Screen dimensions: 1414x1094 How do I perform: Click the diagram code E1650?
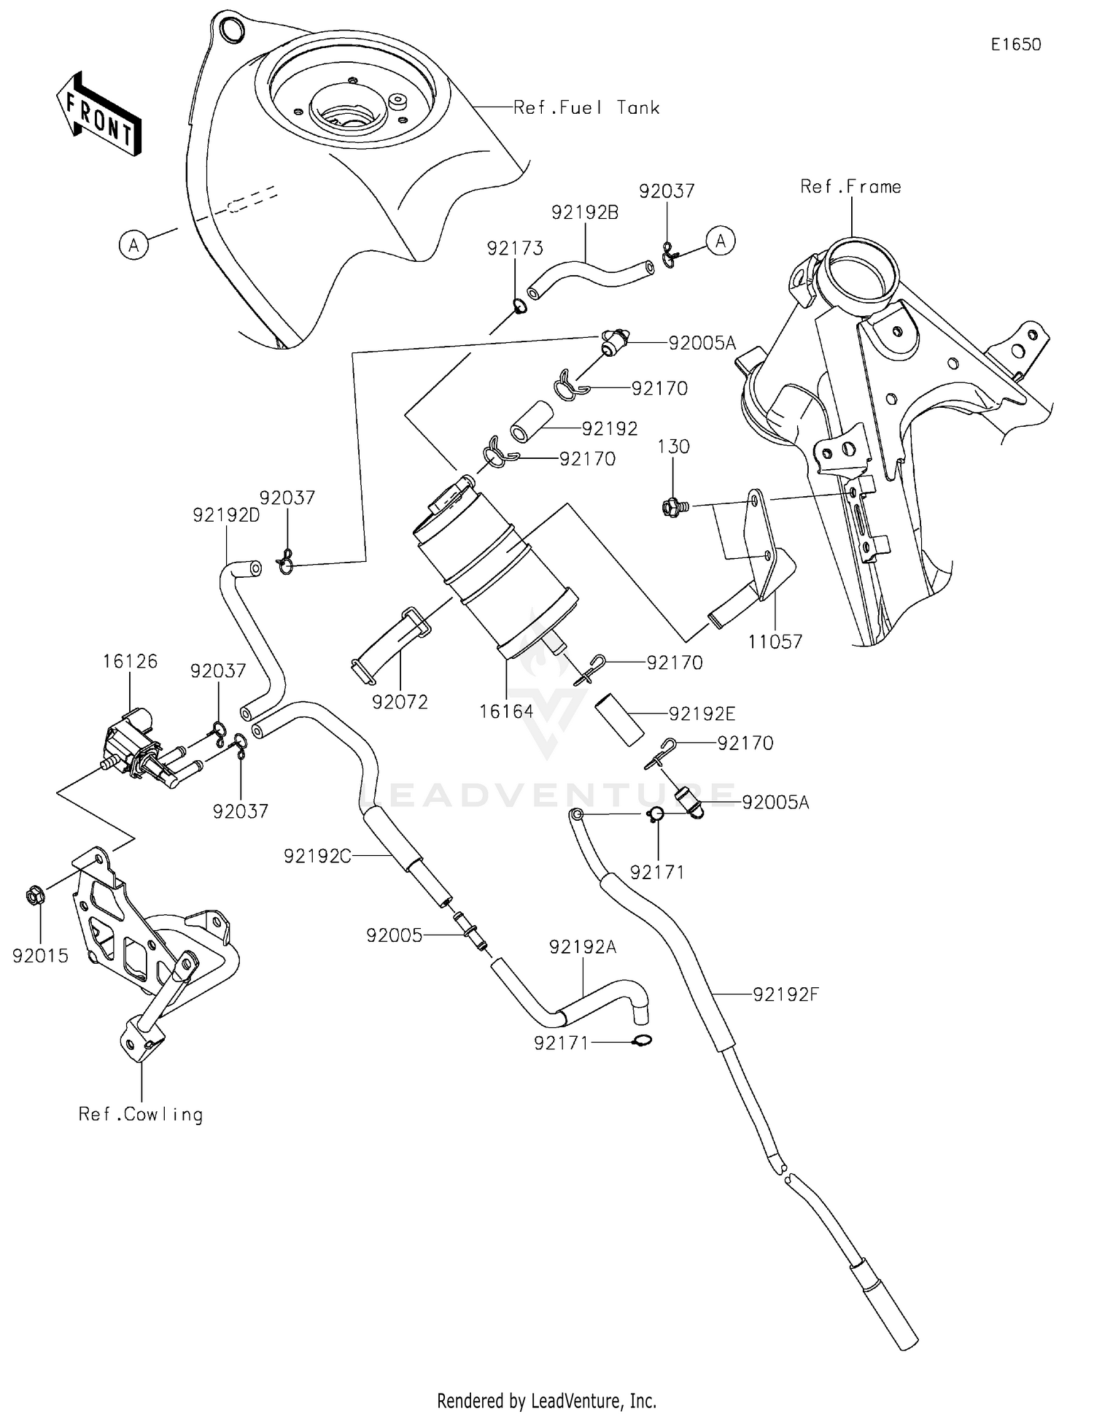point(1015,45)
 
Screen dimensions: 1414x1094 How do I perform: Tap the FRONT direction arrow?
point(98,115)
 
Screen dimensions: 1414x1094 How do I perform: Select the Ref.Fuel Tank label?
point(586,108)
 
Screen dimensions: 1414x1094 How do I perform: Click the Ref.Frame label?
point(850,187)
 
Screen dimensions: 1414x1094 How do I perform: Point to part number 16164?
point(506,711)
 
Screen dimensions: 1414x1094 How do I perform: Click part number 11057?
point(775,641)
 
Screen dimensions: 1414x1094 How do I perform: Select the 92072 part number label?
point(400,702)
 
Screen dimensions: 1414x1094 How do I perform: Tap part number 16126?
point(130,661)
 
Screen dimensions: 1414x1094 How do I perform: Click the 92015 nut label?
point(40,955)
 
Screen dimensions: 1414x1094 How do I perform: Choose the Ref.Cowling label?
point(141,1114)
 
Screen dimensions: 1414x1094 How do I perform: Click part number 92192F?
point(785,994)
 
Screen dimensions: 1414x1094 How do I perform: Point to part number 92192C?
point(317,856)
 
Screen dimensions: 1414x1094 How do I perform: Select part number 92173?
point(515,248)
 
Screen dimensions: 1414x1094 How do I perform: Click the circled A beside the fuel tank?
point(133,244)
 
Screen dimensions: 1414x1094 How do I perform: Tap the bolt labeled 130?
point(671,506)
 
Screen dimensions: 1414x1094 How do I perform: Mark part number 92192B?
point(585,212)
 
